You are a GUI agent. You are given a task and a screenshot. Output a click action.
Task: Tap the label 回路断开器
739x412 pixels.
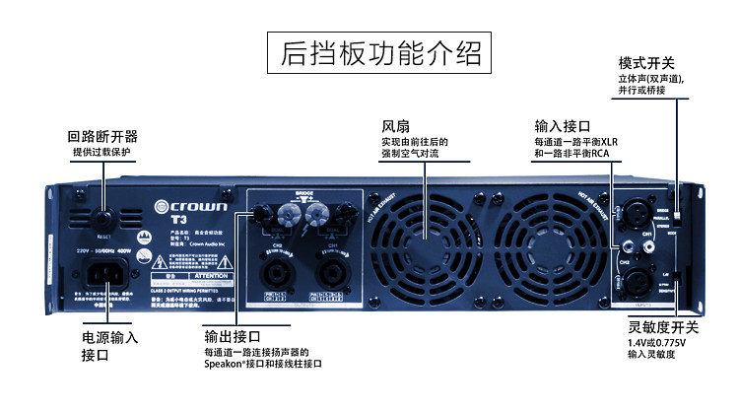click(x=101, y=136)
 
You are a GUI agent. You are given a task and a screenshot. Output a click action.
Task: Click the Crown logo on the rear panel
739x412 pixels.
click(x=192, y=207)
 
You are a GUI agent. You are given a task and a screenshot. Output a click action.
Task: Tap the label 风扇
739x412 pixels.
click(x=395, y=127)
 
